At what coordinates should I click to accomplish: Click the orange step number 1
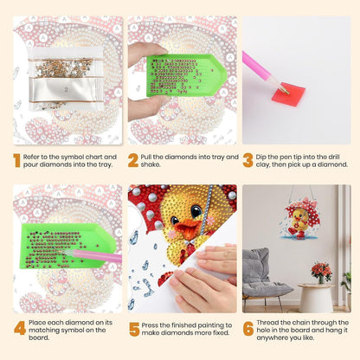(16, 161)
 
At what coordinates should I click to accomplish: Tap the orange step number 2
(133, 161)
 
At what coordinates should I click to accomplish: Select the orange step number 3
(247, 161)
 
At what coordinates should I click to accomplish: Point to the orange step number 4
(20, 328)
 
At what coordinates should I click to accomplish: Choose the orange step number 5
(134, 330)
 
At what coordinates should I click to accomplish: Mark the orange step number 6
(248, 329)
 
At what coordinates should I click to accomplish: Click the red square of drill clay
(288, 94)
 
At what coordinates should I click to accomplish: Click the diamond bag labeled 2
(66, 89)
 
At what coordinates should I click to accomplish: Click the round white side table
(316, 298)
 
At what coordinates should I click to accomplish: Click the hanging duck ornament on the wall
(299, 219)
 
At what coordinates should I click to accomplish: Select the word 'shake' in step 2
(151, 164)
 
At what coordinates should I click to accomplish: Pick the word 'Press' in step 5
(150, 325)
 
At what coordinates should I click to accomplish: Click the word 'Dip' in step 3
(260, 157)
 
